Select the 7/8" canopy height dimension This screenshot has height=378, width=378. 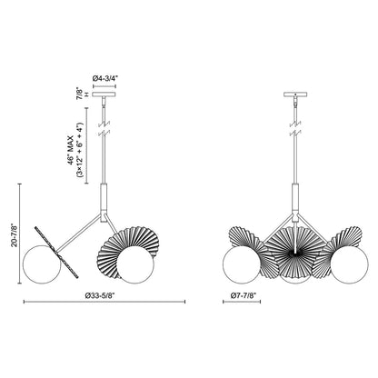pyautogui.click(x=79, y=92)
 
